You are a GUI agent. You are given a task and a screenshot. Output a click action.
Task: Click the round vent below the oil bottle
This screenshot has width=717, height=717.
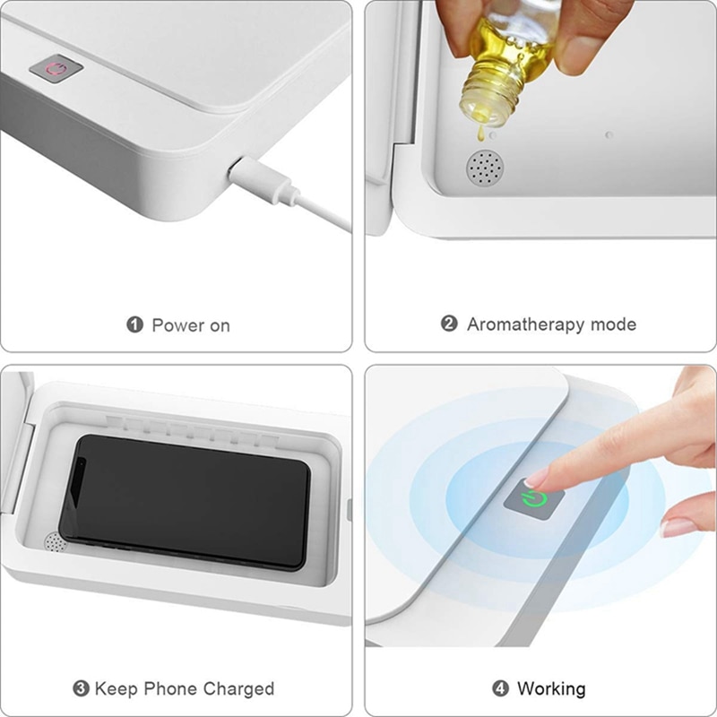(483, 168)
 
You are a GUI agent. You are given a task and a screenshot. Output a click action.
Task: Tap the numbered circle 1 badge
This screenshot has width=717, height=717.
(135, 324)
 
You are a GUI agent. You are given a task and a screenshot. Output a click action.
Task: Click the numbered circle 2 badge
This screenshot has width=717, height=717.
(449, 324)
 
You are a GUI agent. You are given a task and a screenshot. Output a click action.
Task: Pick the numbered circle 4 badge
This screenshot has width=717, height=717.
(500, 689)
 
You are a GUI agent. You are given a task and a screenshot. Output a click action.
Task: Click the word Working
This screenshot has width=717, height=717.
(551, 689)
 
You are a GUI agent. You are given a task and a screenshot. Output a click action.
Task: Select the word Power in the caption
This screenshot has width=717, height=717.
(177, 324)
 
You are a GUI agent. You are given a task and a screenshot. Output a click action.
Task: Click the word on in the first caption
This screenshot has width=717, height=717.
(220, 325)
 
